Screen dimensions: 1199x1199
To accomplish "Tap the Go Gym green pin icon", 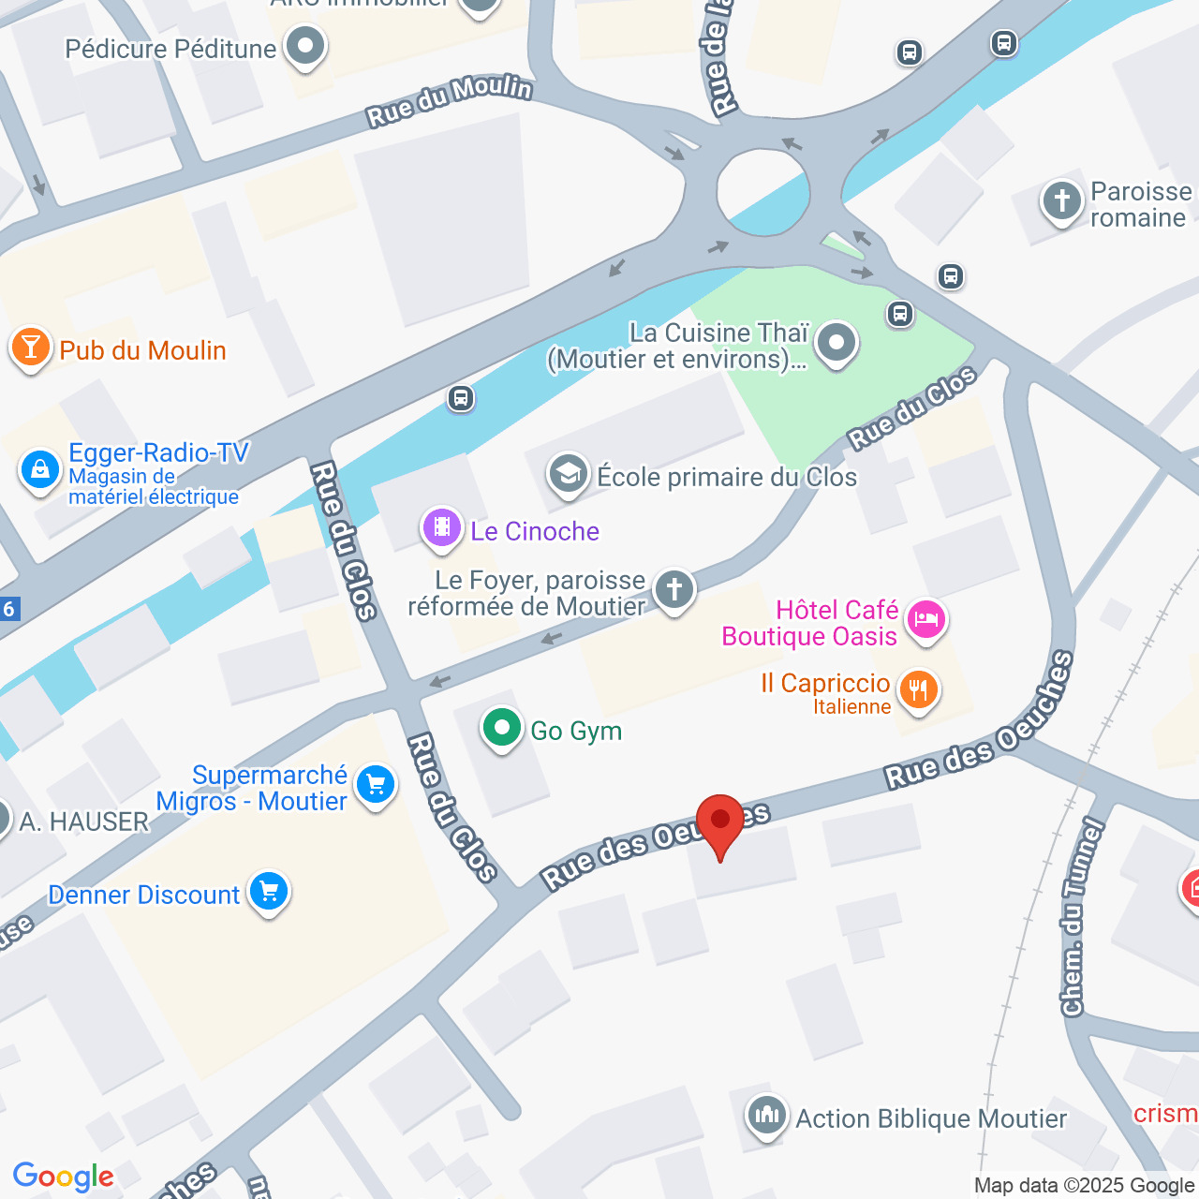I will tap(502, 728).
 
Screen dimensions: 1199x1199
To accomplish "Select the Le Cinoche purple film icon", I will tap(442, 527).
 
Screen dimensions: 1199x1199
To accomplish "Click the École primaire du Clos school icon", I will tap(569, 474).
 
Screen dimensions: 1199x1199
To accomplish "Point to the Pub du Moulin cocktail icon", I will tap(30, 348).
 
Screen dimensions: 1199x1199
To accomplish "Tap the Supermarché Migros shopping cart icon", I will tap(376, 785).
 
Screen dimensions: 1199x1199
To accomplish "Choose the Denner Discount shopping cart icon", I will tap(269, 892).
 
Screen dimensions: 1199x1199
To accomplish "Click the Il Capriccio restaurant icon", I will tap(918, 690).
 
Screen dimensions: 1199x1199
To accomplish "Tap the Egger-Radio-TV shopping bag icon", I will tap(40, 469).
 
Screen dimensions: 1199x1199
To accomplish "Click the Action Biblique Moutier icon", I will tap(767, 1115).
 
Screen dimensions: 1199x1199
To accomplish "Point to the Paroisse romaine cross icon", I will tap(1062, 200).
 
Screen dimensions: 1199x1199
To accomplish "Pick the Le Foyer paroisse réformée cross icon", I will tap(674, 590).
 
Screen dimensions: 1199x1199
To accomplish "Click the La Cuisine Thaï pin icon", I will tap(836, 343).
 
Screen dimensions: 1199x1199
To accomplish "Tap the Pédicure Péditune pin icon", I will tap(304, 46).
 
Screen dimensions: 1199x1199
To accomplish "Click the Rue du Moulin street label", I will tap(450, 101).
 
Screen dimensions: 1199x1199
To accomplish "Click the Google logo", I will tap(64, 1177).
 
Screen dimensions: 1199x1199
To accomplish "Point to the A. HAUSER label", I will tap(84, 822).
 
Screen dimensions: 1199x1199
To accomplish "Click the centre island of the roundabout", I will tap(763, 192).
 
